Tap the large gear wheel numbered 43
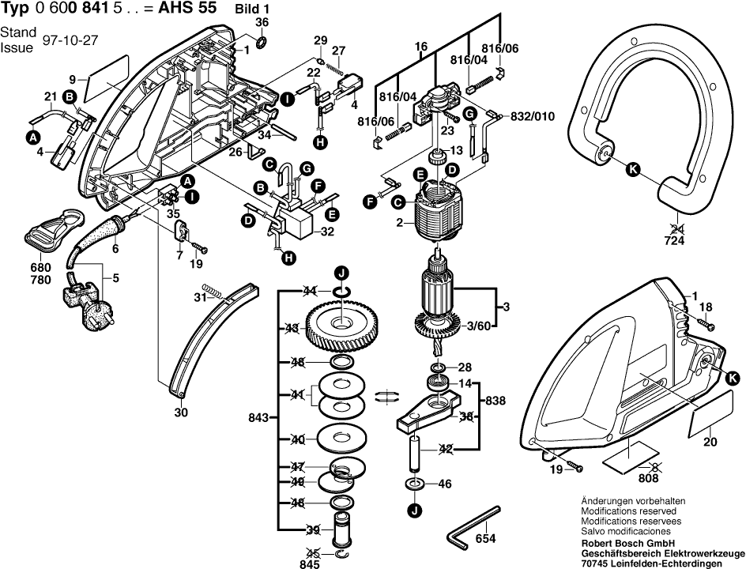(x=341, y=325)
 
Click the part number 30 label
(x=181, y=411)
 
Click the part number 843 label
(x=260, y=416)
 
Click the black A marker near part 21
(x=33, y=137)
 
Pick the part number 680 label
(x=40, y=266)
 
